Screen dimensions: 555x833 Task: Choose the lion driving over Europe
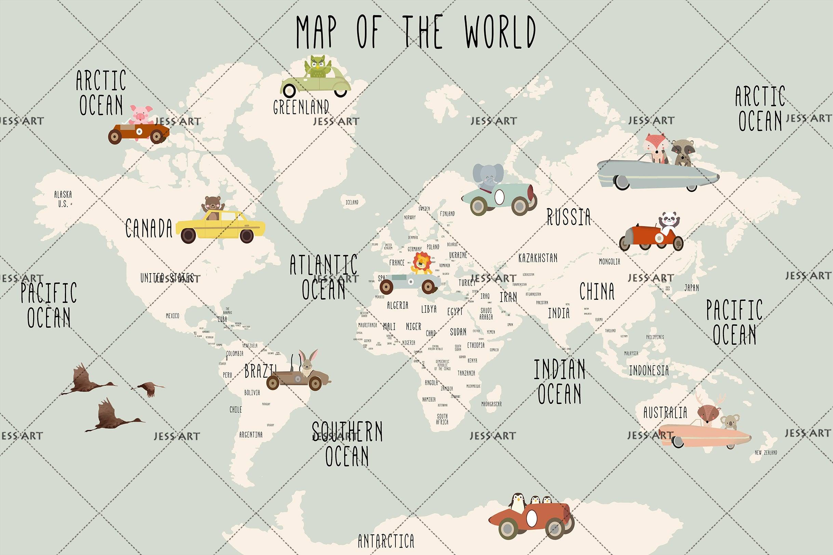click(x=422, y=264)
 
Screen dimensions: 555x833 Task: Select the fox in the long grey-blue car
click(x=655, y=147)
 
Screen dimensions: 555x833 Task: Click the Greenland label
click(x=301, y=107)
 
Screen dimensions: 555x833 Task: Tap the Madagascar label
click(x=491, y=404)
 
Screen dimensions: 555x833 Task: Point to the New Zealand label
click(x=766, y=452)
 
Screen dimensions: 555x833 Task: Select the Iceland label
click(x=352, y=203)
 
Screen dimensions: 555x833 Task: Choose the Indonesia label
click(x=649, y=371)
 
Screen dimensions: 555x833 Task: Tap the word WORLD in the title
click(x=500, y=32)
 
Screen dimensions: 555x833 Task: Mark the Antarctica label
click(x=386, y=541)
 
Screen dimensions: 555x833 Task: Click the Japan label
click(x=691, y=288)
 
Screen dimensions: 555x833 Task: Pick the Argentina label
click(x=251, y=435)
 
